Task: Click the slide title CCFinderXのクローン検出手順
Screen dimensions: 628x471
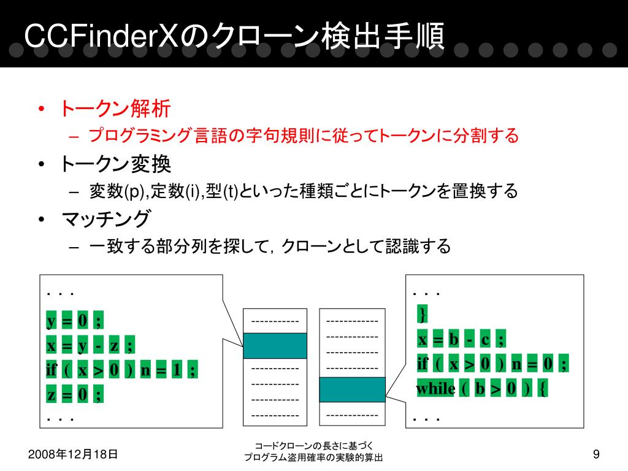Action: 234,36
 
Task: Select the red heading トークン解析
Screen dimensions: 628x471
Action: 115,109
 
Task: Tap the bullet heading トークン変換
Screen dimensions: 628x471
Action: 115,164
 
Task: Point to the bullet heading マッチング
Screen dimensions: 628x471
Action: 106,219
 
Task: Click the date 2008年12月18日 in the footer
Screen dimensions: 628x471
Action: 73,454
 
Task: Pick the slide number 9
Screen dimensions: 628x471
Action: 596,454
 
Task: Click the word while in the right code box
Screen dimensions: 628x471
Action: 436,388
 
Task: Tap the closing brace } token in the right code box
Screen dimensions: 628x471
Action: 422,313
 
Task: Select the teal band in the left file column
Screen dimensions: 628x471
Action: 275,346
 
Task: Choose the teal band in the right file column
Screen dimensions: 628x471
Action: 353,389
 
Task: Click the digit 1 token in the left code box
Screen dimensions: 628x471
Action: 177,369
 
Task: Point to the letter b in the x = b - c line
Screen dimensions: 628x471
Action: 454,339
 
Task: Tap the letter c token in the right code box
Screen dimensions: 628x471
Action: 485,339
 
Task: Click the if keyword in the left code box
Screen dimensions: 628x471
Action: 52,369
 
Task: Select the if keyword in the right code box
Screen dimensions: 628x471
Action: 423,364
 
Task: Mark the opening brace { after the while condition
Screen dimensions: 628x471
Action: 542,388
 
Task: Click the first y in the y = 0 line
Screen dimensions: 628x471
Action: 51,320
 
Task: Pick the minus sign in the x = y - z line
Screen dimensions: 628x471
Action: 98,345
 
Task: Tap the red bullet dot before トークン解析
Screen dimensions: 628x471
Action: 41,109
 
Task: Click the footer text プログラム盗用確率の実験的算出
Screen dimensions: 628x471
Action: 313,457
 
